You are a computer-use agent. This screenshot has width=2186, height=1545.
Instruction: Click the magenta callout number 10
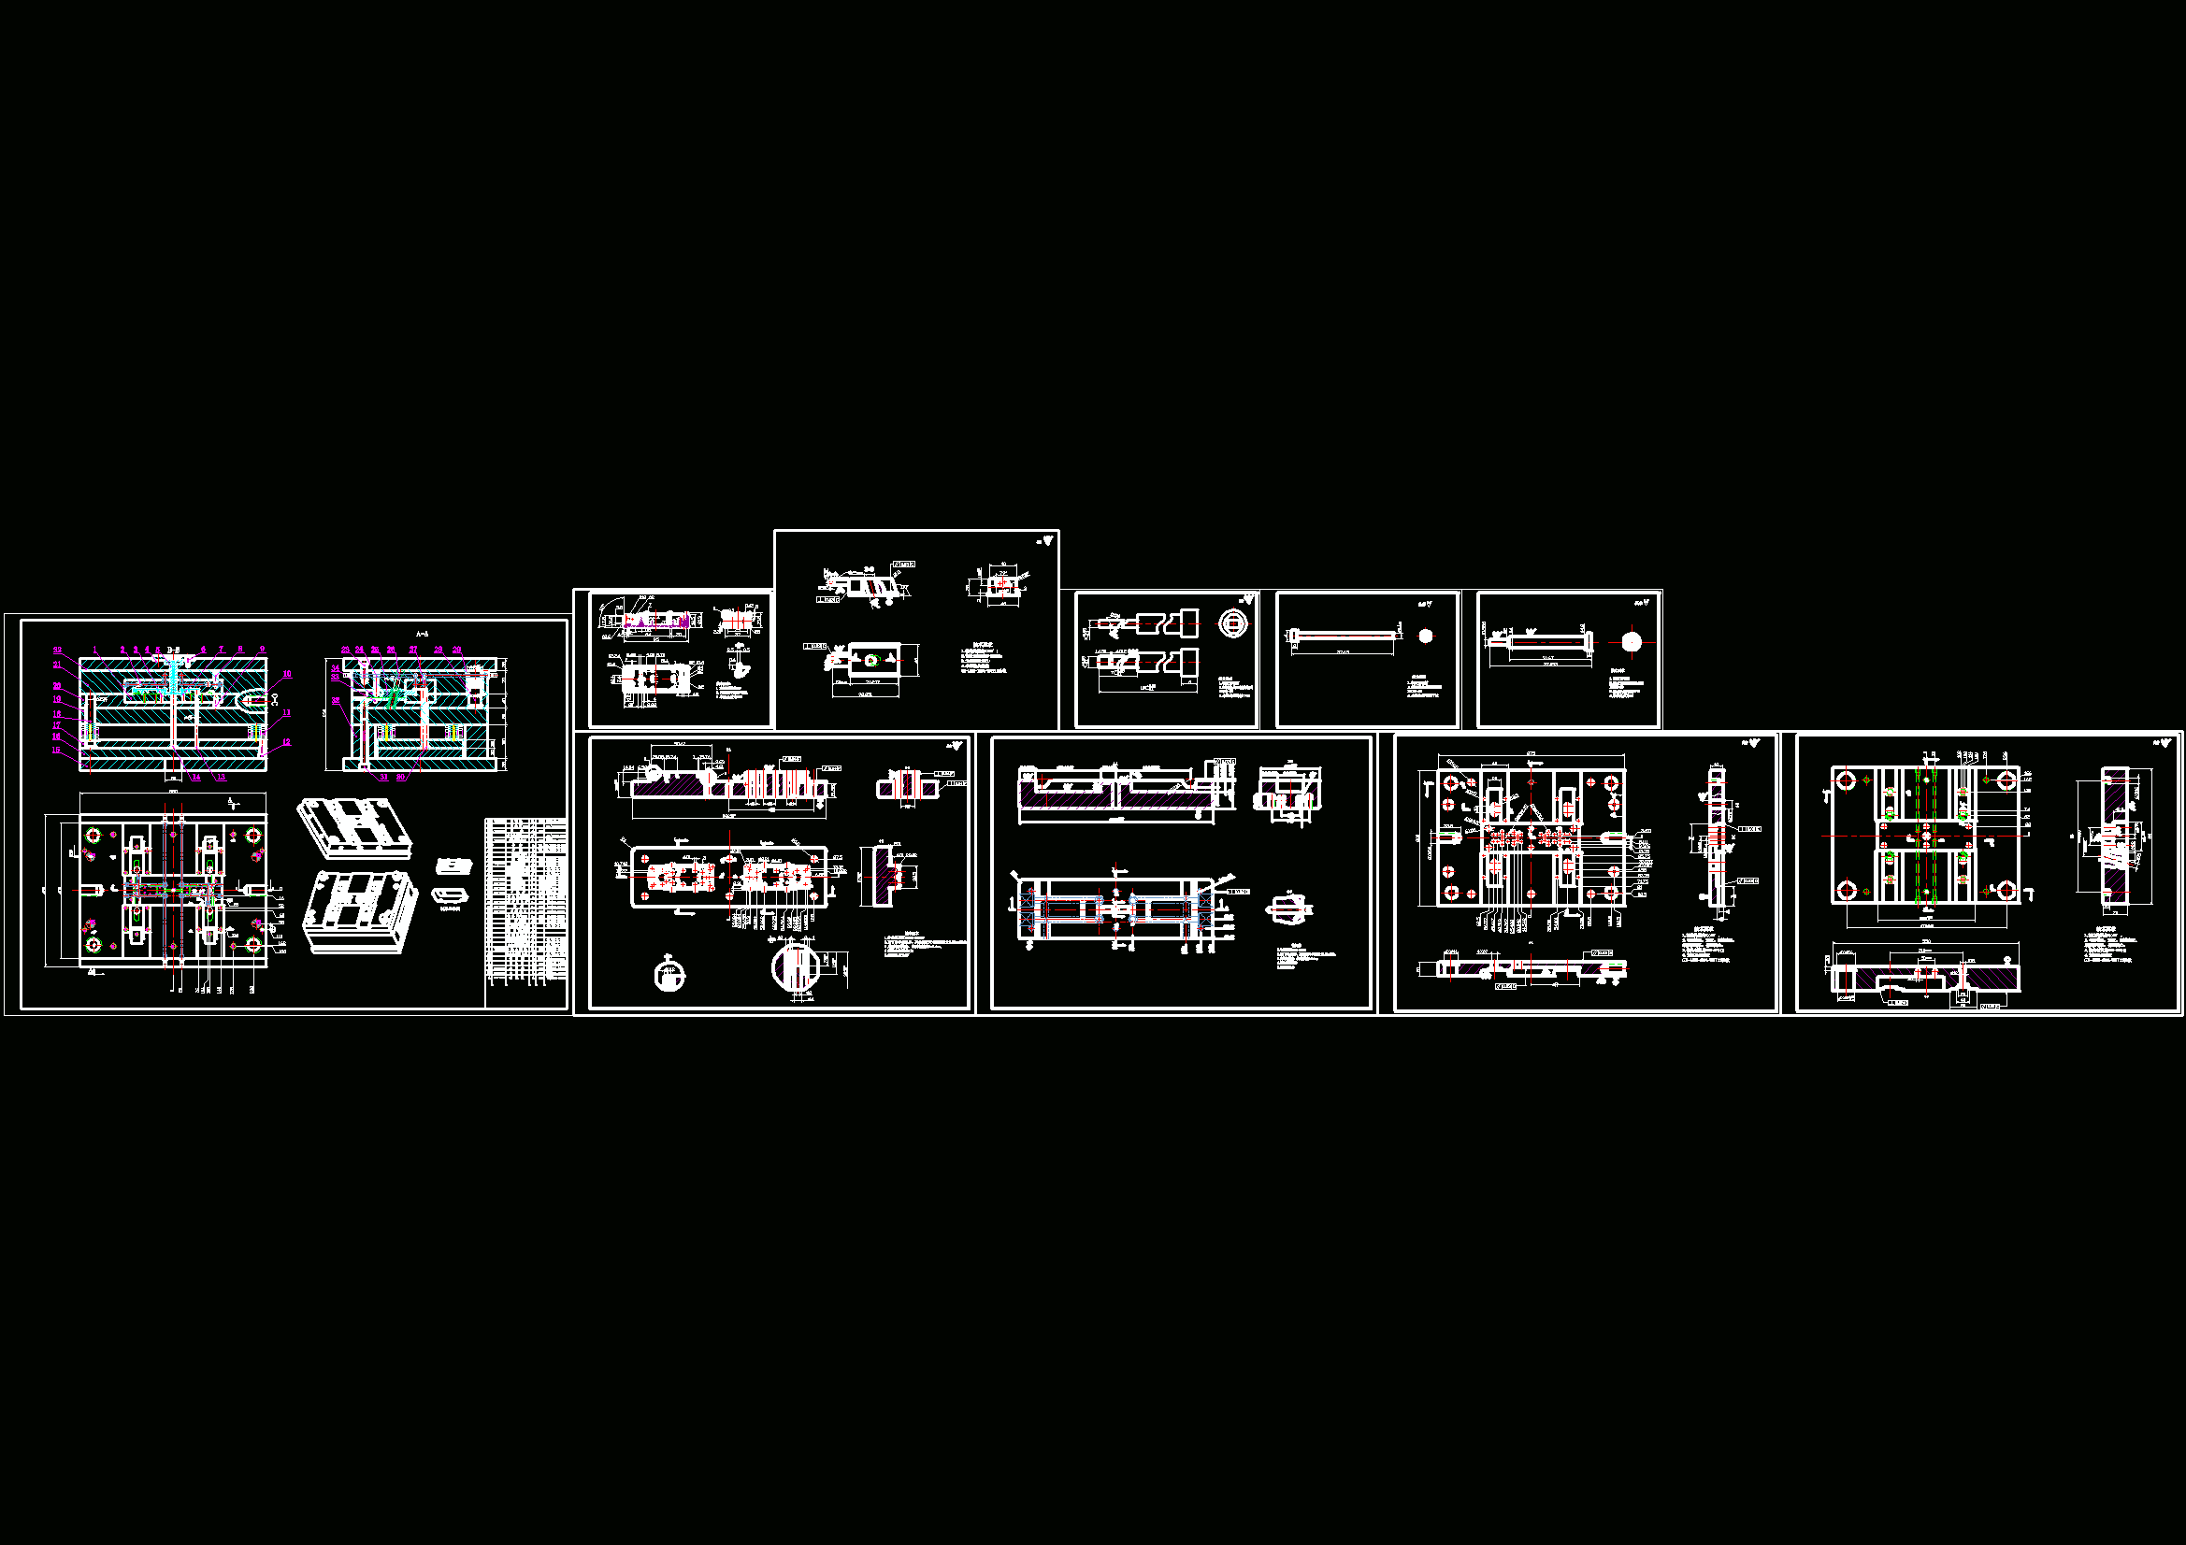click(x=287, y=674)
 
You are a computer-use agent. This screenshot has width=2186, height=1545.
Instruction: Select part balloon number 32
click(x=57, y=651)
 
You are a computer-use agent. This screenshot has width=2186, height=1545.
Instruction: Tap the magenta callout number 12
click(x=285, y=742)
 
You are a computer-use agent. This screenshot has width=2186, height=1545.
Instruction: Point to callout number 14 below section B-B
click(x=196, y=778)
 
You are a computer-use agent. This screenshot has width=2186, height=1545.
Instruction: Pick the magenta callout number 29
click(x=457, y=651)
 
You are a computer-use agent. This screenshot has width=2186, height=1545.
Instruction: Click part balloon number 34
click(x=335, y=668)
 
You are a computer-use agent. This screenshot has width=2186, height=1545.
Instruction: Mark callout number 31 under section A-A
click(x=383, y=778)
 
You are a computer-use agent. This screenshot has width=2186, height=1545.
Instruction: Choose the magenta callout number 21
click(x=57, y=665)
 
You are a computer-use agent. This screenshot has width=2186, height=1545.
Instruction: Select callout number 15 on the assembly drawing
click(x=57, y=751)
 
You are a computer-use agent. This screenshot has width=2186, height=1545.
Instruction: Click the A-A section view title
click(x=422, y=634)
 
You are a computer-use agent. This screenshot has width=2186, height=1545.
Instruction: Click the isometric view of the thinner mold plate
click(x=354, y=830)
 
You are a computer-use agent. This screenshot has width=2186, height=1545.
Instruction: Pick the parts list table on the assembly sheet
click(x=525, y=912)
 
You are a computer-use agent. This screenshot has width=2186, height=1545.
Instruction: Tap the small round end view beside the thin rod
click(x=1425, y=636)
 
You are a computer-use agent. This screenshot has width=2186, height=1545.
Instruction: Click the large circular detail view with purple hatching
click(x=796, y=967)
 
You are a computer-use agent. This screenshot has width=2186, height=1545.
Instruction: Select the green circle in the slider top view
click(x=870, y=661)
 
